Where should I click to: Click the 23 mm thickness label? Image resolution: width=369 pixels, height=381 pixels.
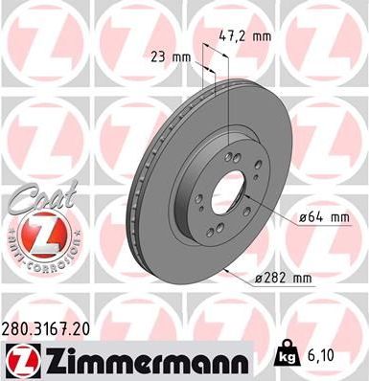click(x=169, y=56)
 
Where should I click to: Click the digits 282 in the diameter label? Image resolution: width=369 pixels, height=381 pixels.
click(x=279, y=279)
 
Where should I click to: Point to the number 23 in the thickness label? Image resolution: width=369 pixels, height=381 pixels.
click(x=159, y=56)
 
